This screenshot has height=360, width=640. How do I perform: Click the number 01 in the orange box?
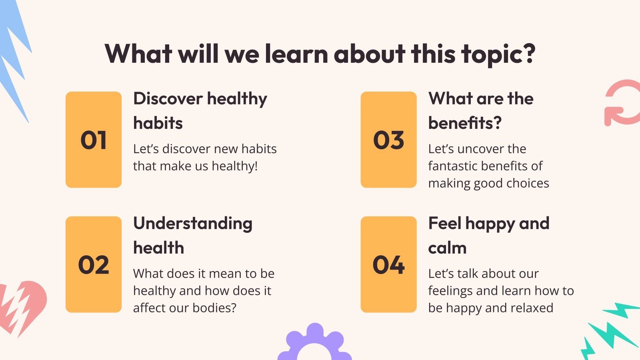(x=94, y=140)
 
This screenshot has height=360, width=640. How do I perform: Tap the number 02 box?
(x=94, y=265)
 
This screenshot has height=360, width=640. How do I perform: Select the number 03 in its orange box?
(x=388, y=140)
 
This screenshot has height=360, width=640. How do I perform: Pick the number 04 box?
(x=388, y=265)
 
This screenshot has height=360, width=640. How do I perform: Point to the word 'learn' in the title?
(x=296, y=54)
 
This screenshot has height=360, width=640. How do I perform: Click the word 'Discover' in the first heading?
(x=168, y=98)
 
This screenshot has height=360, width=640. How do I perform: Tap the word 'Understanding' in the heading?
(x=193, y=223)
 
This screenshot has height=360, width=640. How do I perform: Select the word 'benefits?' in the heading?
(x=465, y=123)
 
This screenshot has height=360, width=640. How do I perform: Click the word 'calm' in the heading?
(x=447, y=248)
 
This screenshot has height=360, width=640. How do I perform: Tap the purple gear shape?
(x=314, y=344)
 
